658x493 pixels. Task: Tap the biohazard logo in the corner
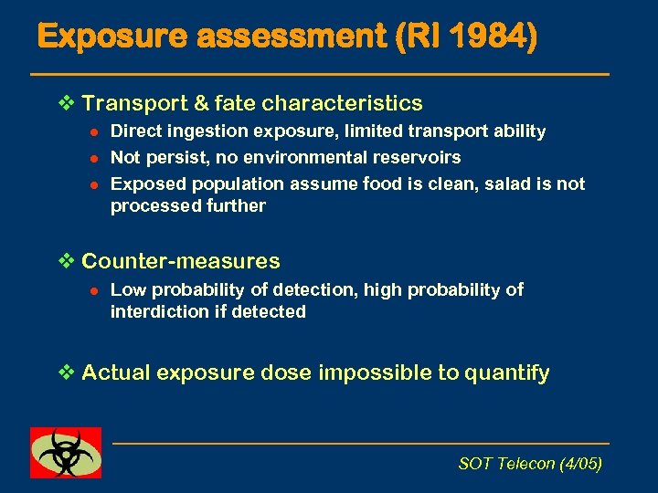(x=66, y=452)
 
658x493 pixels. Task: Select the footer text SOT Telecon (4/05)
(x=530, y=464)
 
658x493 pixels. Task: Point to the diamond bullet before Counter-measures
(x=63, y=261)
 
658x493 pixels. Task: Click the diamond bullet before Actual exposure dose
(x=63, y=372)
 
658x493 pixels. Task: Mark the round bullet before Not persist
(x=91, y=158)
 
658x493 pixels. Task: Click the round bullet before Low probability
(x=91, y=290)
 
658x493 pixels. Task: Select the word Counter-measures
(x=181, y=261)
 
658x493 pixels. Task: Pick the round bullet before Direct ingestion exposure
(x=91, y=132)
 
